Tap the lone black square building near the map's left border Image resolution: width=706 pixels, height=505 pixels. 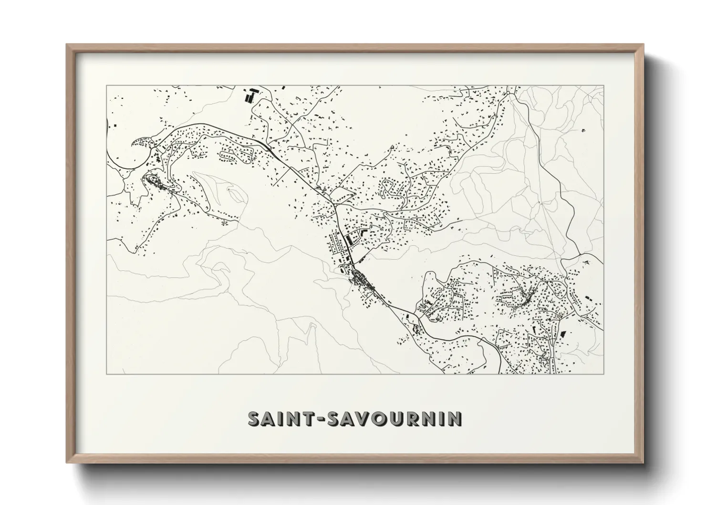(116, 125)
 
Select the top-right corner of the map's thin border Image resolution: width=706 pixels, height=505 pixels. (603, 85)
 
